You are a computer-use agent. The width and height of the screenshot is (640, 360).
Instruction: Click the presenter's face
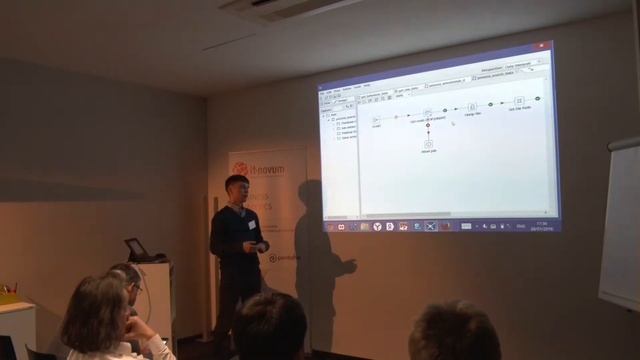(237, 188)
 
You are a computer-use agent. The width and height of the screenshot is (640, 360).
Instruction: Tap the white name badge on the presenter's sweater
(252, 224)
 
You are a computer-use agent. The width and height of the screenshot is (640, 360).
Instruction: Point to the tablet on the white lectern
(136, 249)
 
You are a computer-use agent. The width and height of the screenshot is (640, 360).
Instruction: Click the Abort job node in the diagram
(428, 144)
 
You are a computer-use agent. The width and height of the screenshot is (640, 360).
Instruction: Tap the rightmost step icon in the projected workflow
(519, 101)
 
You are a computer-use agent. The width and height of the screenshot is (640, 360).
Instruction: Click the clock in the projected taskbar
(541, 224)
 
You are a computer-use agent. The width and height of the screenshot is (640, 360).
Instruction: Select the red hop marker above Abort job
(428, 126)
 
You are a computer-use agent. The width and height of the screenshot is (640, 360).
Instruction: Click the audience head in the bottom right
(454, 332)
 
